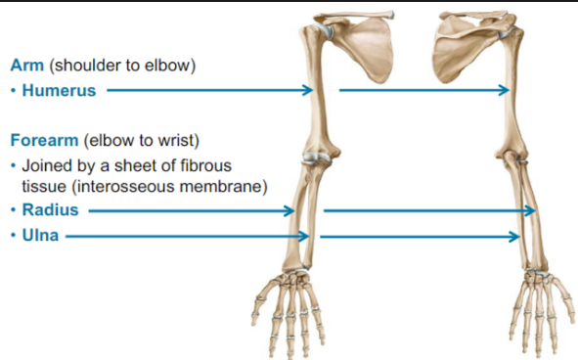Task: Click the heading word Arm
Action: (x=26, y=66)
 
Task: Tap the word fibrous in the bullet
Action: (x=199, y=163)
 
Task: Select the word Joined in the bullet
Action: (x=46, y=163)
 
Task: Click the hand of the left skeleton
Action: (x=289, y=303)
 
